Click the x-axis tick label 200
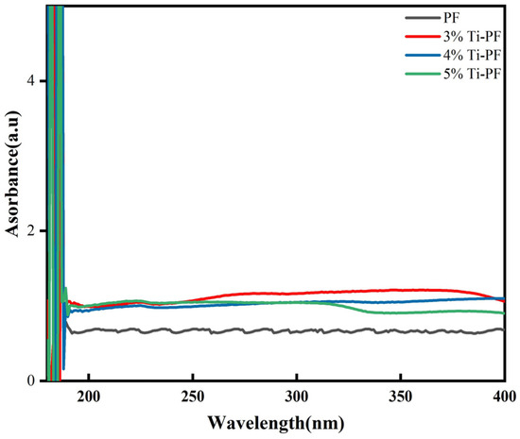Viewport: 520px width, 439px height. tap(89, 398)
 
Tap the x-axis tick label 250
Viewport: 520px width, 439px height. tap(193, 398)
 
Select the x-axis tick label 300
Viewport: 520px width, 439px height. tap(297, 398)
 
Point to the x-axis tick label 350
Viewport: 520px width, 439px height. tap(401, 398)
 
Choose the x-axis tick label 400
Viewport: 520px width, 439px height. tap(503, 398)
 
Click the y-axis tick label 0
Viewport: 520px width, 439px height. tap(32, 380)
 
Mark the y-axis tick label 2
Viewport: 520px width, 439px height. tap(32, 231)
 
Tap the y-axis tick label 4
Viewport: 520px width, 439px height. tap(32, 81)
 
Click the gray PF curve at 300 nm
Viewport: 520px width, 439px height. tap(297, 330)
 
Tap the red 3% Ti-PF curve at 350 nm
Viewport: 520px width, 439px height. tap(401, 290)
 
